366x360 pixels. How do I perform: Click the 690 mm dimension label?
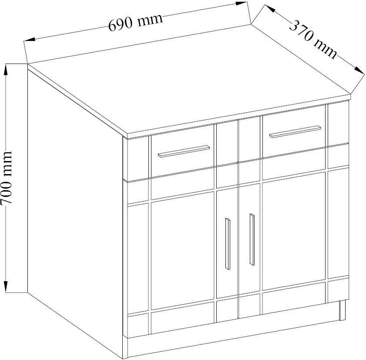point(135,22)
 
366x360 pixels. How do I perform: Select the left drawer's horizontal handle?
point(184,151)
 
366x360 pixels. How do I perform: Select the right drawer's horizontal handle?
point(295,131)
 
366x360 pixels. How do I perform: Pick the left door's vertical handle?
point(228,244)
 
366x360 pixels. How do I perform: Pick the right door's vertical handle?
point(252,239)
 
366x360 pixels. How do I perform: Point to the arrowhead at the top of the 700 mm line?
point(6,70)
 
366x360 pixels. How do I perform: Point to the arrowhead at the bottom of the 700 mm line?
point(6,286)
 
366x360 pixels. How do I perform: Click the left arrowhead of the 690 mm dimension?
point(30,40)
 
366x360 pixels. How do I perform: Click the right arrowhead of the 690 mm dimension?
point(242,3)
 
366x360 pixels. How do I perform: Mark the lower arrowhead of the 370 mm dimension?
point(359,71)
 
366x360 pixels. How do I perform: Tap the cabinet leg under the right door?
point(342,310)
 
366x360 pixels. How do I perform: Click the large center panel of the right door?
point(294,230)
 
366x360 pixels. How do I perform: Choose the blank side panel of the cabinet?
point(75,210)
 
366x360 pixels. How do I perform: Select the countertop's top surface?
point(189,79)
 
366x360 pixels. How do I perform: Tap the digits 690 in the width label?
point(121,24)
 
